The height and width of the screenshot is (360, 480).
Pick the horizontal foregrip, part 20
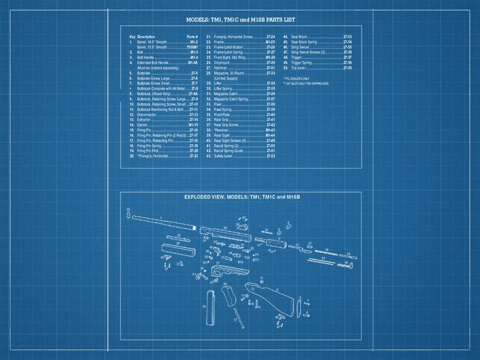[177, 251]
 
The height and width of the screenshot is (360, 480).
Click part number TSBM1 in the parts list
[192, 47]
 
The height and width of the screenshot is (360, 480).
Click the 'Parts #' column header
[192, 37]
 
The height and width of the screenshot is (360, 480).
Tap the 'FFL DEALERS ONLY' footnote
[296, 79]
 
